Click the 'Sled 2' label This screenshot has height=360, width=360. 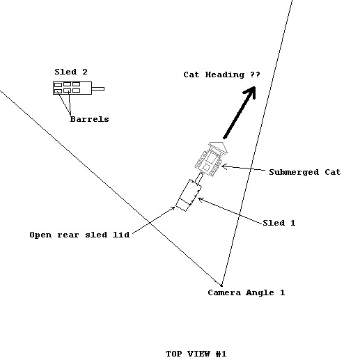71,72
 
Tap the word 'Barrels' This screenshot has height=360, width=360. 89,119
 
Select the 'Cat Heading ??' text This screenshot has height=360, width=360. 221,75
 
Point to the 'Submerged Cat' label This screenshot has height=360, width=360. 305,172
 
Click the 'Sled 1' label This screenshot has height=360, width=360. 279,223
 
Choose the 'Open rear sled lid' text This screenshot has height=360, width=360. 79,235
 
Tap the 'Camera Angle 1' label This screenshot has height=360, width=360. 246,292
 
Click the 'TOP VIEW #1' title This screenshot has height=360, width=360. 196,354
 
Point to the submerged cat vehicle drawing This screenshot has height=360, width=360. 211,159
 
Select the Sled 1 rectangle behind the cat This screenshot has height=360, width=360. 189,195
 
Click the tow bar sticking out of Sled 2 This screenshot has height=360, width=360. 98,88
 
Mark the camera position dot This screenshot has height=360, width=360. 221,285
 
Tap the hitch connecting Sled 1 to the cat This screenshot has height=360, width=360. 199,178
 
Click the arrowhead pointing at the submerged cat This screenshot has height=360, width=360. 224,166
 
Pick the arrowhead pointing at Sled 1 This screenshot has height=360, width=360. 200,199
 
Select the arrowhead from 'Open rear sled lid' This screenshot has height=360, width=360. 173,208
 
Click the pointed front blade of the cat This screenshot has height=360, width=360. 218,146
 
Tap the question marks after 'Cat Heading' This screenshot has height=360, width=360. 255,75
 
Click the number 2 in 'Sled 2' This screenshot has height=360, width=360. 85,72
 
